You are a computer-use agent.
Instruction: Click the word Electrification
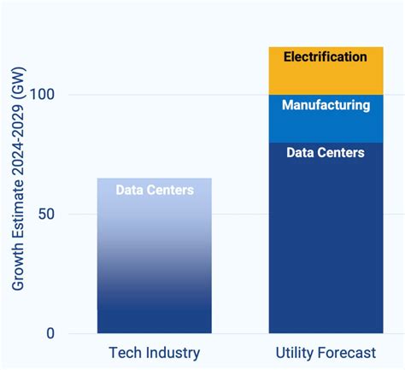[326, 57]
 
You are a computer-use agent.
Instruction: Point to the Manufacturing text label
[326, 106]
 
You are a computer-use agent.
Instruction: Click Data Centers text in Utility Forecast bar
[326, 153]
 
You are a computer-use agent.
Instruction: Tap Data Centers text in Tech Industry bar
[155, 190]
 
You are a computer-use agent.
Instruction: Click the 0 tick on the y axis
[50, 333]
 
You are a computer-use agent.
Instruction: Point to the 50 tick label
[46, 214]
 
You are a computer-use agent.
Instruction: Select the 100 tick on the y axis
[42, 94]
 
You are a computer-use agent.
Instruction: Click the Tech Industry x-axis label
[155, 353]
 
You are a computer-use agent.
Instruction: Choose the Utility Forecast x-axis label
[326, 353]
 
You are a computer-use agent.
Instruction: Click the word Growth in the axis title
[18, 262]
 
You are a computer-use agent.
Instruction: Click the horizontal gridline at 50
[240, 214]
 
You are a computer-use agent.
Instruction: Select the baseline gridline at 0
[240, 333]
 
